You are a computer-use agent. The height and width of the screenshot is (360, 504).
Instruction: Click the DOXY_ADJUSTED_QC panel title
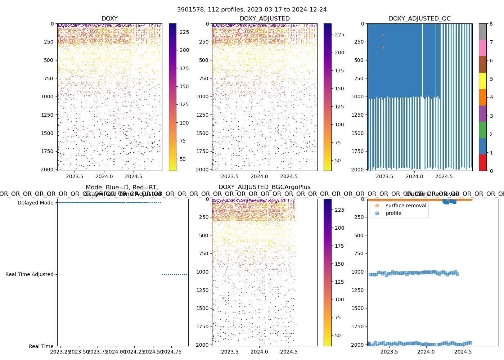point(419,19)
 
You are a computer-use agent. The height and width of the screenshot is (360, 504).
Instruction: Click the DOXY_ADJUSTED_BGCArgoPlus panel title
point(264,187)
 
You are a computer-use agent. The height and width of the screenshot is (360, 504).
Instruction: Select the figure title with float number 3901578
point(252,10)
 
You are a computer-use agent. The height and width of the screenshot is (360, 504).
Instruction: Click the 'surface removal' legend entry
point(406,206)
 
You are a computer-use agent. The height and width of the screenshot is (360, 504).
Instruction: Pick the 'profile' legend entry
point(393,213)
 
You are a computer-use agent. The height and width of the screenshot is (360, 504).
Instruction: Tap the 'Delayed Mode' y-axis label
point(35,203)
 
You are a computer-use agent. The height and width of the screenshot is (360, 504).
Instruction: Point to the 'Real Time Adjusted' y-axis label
point(29,274)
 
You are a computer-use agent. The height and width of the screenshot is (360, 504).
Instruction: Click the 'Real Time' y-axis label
point(41,346)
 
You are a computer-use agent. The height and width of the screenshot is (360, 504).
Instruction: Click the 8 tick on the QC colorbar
point(491,24)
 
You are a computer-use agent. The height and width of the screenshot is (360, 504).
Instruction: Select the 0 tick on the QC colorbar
point(491,171)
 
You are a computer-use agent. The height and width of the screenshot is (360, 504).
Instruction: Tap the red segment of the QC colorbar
point(482,162)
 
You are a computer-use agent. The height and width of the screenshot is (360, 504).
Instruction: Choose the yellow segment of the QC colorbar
point(482,81)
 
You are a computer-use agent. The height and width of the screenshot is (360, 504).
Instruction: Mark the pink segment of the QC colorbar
point(482,48)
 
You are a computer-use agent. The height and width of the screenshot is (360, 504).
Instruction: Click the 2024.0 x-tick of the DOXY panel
point(104,176)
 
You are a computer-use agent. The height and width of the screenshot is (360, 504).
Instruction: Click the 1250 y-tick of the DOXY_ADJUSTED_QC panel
point(357,115)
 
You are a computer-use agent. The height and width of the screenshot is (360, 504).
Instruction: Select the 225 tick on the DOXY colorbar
point(184,32)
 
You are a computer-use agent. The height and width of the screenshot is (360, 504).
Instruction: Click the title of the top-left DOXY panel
point(109,19)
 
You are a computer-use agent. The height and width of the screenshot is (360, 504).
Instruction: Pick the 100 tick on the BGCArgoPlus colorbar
point(339,300)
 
